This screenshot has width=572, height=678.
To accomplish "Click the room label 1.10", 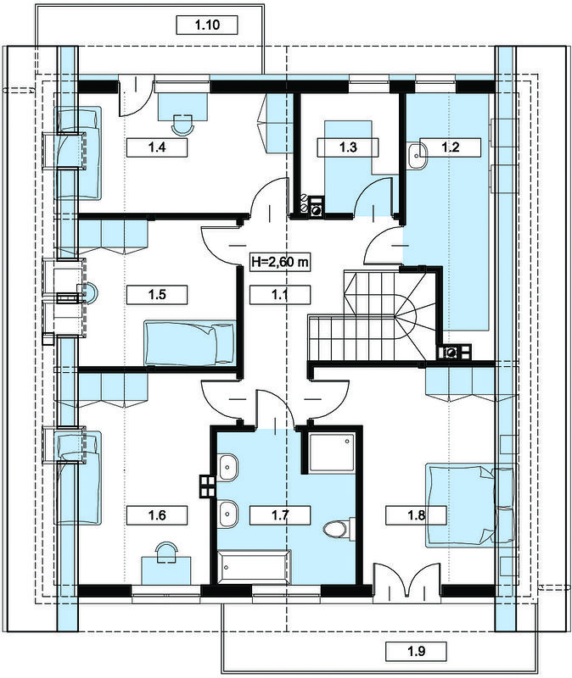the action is click(x=207, y=25).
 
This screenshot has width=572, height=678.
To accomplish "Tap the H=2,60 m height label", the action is click(x=280, y=262).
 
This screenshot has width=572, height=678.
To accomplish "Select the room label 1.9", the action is click(x=416, y=651).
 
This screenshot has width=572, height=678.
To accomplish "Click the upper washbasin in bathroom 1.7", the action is click(x=227, y=467).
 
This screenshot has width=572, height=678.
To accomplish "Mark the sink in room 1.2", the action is click(x=417, y=155).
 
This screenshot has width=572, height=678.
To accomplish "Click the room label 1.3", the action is click(x=348, y=147).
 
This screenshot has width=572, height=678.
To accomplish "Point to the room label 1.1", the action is click(x=280, y=295).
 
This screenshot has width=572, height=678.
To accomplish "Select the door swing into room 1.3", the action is click(x=373, y=197).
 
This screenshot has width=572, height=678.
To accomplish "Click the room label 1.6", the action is click(x=157, y=515).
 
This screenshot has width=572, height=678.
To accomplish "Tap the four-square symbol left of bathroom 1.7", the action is click(x=207, y=486).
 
